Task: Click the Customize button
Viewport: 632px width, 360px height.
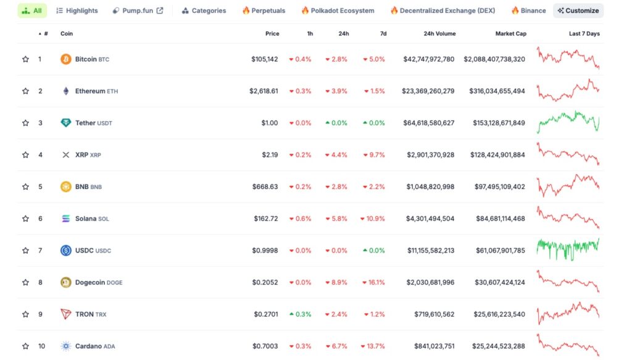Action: click(x=578, y=10)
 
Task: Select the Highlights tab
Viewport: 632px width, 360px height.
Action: click(x=77, y=10)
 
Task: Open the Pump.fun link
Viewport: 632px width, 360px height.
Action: click(x=138, y=10)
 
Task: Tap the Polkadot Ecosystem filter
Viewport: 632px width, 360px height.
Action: click(x=338, y=10)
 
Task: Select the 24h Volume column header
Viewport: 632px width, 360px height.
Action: click(x=439, y=33)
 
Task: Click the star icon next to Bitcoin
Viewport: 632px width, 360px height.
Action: click(x=25, y=59)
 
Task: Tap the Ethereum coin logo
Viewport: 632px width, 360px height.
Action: click(x=66, y=91)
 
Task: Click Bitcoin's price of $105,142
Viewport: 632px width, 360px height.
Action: click(x=265, y=59)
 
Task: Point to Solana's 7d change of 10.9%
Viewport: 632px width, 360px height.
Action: click(x=372, y=219)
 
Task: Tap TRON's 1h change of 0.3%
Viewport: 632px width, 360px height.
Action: click(x=301, y=314)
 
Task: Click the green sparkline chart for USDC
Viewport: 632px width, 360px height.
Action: click(x=568, y=249)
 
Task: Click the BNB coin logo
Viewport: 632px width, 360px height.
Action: click(x=66, y=186)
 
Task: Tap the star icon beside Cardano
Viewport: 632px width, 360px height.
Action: click(x=25, y=346)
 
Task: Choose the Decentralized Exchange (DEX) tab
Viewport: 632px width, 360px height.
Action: click(x=443, y=10)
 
